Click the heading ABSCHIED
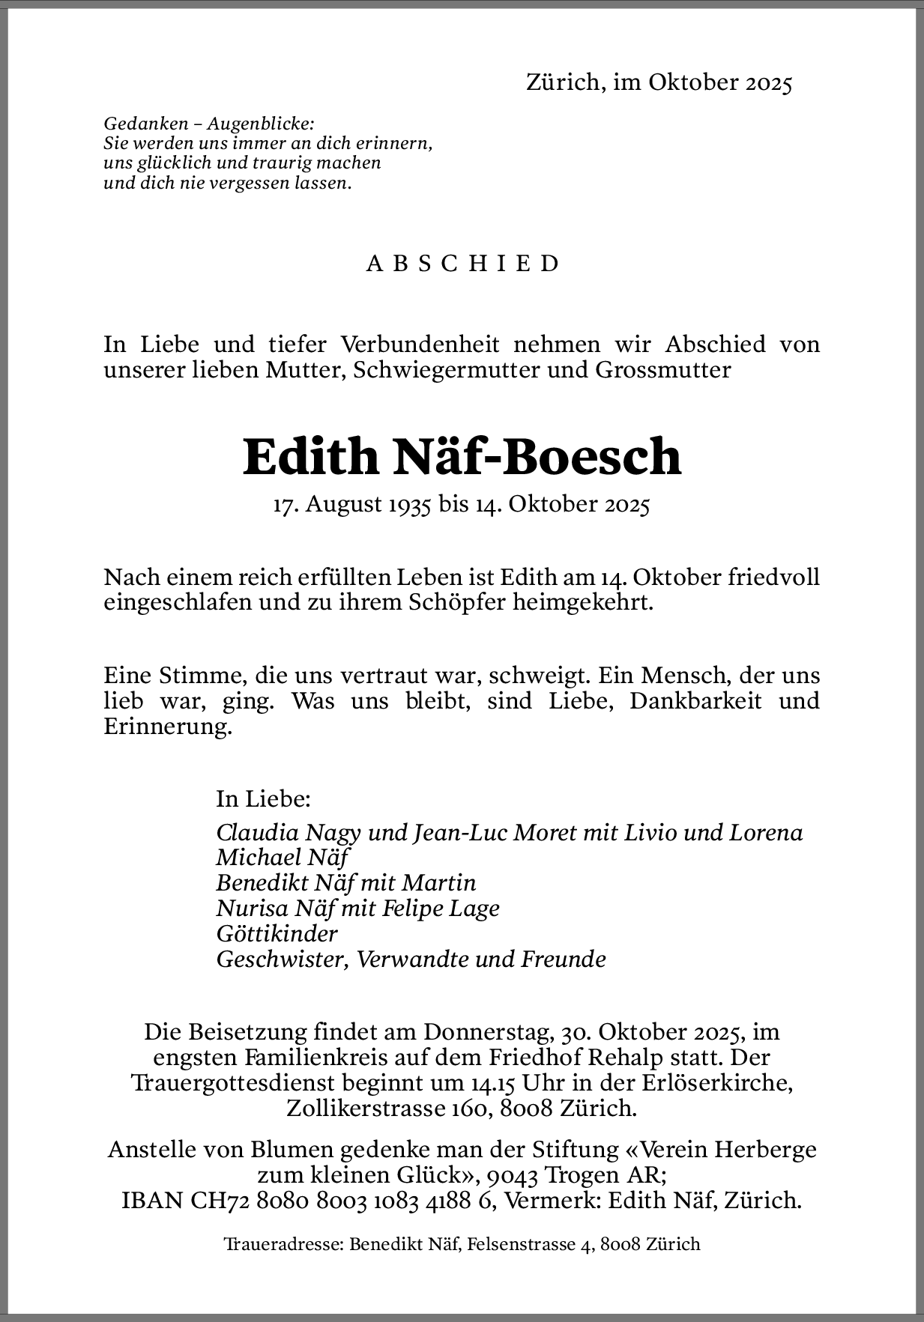pos(462,264)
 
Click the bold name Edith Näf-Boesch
pos(462,456)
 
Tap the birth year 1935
pos(409,505)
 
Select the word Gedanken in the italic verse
pos(135,124)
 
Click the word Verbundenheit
pos(420,345)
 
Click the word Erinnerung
pos(167,727)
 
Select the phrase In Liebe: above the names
pos(263,798)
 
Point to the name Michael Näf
pos(283,858)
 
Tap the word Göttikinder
pos(277,934)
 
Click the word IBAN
pos(152,1201)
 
